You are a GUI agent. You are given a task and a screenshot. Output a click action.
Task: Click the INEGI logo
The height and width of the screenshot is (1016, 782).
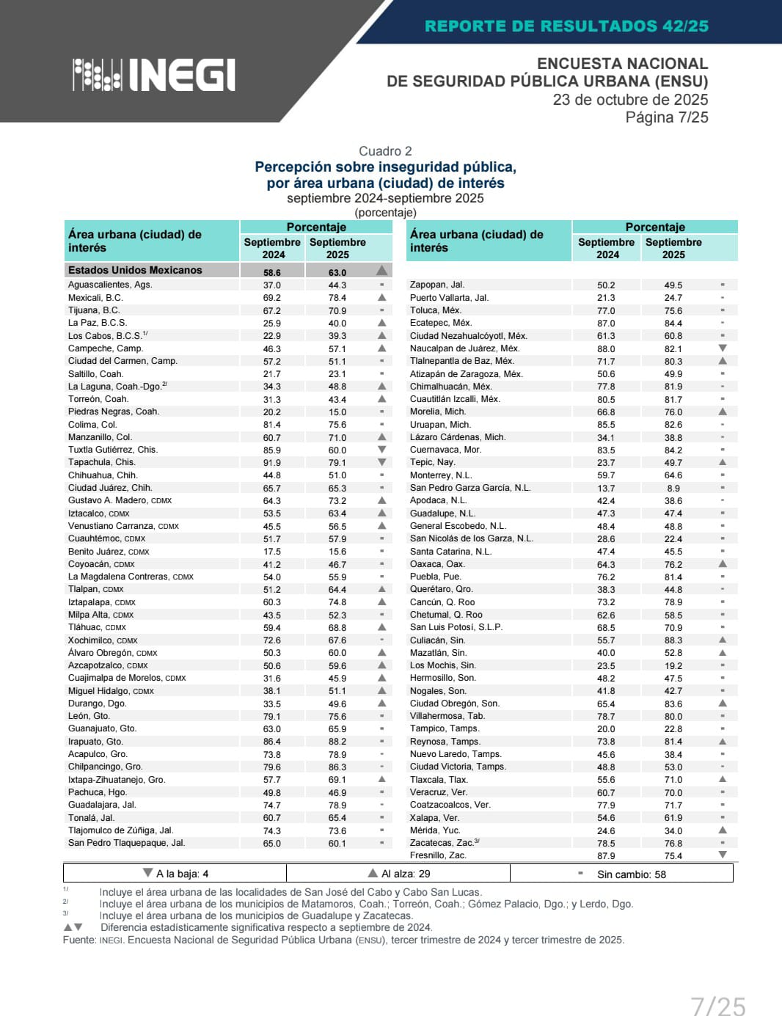[x=154, y=74]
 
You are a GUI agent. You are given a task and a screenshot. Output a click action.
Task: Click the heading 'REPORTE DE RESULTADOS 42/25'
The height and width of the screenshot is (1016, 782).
[x=566, y=26]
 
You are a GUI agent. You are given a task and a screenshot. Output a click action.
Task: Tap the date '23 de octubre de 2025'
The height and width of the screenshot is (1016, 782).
[x=630, y=100]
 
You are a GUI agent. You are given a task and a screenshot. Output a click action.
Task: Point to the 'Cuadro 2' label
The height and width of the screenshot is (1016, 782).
[x=385, y=151]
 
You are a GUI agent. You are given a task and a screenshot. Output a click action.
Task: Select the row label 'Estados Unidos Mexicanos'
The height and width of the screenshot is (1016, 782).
[x=135, y=270]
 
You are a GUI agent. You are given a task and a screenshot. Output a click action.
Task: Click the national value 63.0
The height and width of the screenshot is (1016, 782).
[x=337, y=272]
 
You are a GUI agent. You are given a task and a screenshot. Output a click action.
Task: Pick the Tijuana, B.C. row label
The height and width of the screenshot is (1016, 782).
[x=94, y=310]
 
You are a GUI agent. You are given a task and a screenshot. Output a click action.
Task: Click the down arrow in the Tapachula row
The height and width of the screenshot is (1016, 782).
[x=381, y=462]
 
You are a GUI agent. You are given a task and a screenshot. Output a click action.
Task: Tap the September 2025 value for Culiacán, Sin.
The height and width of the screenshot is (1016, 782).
[x=673, y=640]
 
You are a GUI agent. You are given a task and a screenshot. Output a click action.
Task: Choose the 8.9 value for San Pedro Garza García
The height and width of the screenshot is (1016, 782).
[x=673, y=488]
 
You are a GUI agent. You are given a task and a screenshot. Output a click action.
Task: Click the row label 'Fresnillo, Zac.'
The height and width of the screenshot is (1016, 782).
[x=438, y=855]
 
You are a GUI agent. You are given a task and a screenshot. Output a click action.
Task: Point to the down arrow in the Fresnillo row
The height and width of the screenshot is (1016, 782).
[x=723, y=855]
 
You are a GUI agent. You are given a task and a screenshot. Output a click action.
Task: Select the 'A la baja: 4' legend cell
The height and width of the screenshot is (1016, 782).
[x=176, y=874]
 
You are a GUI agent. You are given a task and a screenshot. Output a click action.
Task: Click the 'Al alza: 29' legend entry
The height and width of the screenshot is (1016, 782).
[x=399, y=874]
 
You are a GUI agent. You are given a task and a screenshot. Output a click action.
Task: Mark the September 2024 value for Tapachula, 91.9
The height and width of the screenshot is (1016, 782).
[x=271, y=462]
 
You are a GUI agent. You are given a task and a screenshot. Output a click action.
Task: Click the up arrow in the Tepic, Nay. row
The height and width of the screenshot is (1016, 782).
[x=723, y=462]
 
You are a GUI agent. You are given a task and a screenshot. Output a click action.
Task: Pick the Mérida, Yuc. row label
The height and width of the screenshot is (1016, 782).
[x=435, y=830]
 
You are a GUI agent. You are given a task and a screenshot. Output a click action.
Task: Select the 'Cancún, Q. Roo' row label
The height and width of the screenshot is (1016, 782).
[x=442, y=602]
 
